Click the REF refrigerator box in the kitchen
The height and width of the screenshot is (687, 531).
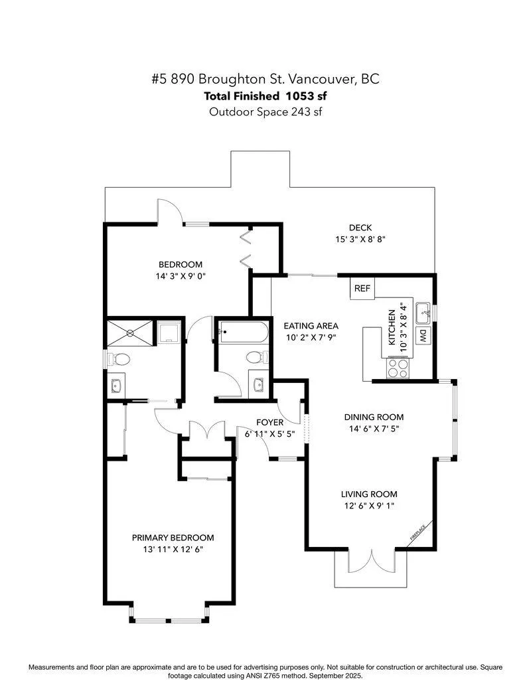pyautogui.click(x=362, y=289)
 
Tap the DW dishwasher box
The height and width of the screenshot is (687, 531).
pyautogui.click(x=422, y=335)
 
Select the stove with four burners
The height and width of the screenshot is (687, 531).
pyautogui.click(x=398, y=368)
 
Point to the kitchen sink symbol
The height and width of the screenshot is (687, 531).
pyautogui.click(x=423, y=311)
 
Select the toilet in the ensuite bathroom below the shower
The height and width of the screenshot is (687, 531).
pyautogui.click(x=120, y=359)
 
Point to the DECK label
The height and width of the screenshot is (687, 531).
pyautogui.click(x=360, y=228)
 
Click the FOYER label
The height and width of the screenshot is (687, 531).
pyautogui.click(x=270, y=422)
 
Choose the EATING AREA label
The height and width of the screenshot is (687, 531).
pyautogui.click(x=311, y=326)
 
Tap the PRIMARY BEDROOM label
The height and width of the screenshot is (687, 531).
pyautogui.click(x=173, y=538)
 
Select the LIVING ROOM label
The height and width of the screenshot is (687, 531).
pyautogui.click(x=369, y=494)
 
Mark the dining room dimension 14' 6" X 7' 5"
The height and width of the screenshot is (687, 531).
pyautogui.click(x=374, y=429)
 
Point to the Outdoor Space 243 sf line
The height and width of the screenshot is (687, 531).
pyautogui.click(x=265, y=112)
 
